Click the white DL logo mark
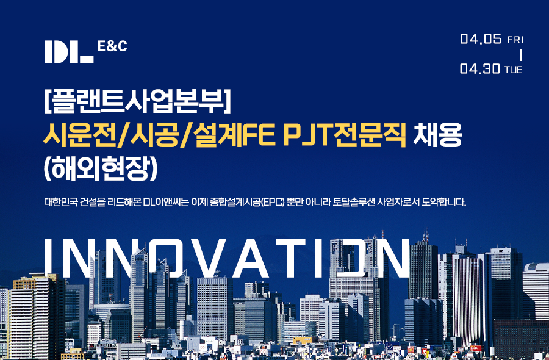pyautogui.click(x=69, y=52)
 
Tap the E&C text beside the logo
pyautogui.click(x=112, y=46)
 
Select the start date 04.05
pyautogui.click(x=481, y=39)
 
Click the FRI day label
pyautogui.click(x=515, y=40)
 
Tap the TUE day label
pyautogui.click(x=513, y=70)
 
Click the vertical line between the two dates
pyautogui.click(x=521, y=55)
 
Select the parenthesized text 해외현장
pyautogui.click(x=101, y=168)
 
